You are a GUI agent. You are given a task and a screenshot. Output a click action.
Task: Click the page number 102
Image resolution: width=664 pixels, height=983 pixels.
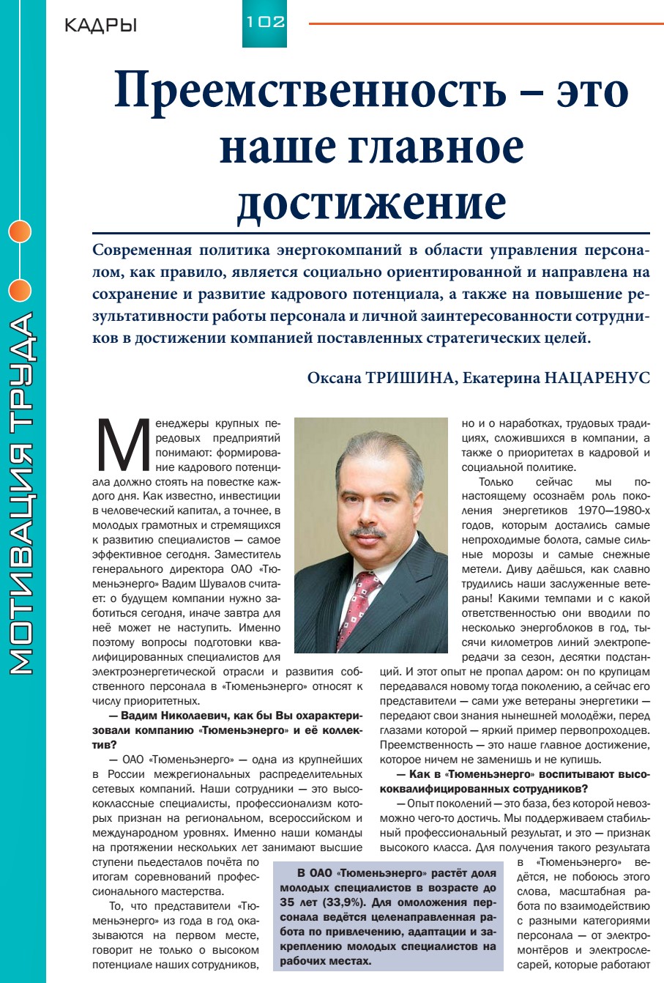[265, 22]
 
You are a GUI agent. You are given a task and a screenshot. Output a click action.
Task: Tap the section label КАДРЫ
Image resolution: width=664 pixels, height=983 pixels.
[100, 26]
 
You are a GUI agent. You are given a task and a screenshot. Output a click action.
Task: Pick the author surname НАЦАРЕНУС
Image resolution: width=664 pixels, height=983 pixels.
[597, 378]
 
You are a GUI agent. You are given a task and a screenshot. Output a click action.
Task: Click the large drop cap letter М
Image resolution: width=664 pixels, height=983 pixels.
[122, 446]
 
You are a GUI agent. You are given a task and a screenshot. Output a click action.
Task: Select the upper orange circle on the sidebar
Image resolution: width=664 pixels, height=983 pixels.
[20, 231]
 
